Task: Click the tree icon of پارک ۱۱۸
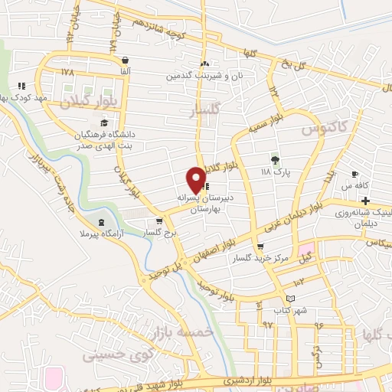coord(276,160)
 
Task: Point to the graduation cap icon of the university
coord(104,124)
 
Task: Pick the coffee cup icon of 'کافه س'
coord(354,174)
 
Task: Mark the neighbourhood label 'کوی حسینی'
coord(90,355)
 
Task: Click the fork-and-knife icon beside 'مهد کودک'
coord(21,86)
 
